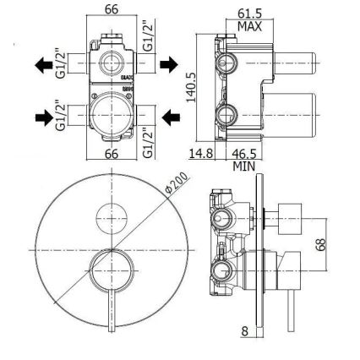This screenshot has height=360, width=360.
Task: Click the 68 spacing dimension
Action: (x=320, y=244)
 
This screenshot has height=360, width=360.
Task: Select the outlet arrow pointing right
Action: (x=170, y=63)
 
